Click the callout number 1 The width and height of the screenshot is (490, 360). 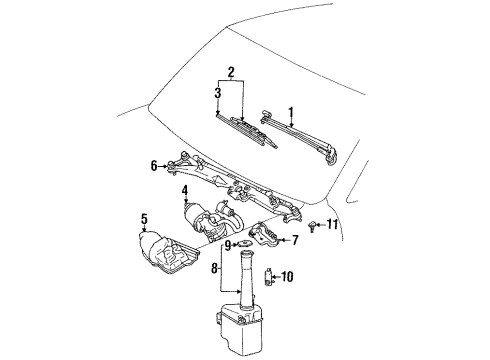pyautogui.click(x=291, y=114)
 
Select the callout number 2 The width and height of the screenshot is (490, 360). pyautogui.click(x=231, y=72)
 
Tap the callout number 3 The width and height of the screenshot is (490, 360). pyautogui.click(x=218, y=93)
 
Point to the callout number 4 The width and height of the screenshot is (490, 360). pyautogui.click(x=185, y=191)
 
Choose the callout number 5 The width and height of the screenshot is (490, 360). pyautogui.click(x=144, y=219)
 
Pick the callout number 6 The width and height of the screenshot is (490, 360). pyautogui.click(x=154, y=166)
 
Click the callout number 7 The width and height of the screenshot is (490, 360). pyautogui.click(x=295, y=240)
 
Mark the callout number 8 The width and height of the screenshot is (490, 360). pyautogui.click(x=214, y=268)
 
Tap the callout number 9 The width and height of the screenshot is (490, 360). pyautogui.click(x=227, y=246)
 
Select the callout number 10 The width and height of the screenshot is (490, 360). pyautogui.click(x=287, y=276)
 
